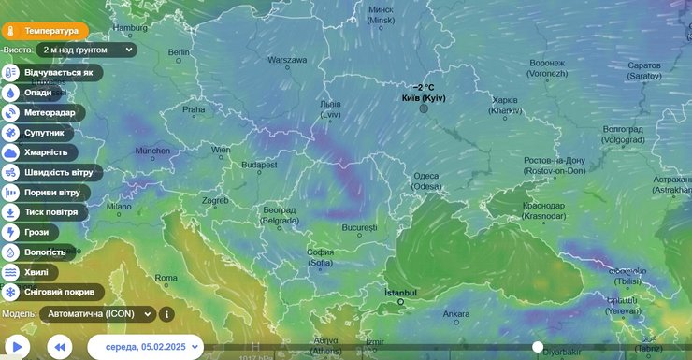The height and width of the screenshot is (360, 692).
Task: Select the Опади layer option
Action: (38, 93)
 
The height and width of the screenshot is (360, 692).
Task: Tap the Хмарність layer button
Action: (45, 151)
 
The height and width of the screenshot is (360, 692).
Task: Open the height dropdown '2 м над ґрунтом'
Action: (89, 50)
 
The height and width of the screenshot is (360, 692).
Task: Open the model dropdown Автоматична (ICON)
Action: (96, 314)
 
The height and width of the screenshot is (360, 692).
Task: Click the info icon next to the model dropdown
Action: (166, 314)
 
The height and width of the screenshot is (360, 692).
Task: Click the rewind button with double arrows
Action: (59, 347)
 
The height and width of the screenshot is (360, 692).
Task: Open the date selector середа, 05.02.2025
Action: (145, 347)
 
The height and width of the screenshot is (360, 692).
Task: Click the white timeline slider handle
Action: (538, 347)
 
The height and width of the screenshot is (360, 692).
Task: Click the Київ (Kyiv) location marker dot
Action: (424, 108)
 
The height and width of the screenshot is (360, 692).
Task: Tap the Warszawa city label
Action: (287, 60)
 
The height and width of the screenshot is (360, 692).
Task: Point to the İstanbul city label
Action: (401, 293)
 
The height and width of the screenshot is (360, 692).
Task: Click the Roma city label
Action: (166, 278)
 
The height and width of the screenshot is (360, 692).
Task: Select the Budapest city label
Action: (259, 165)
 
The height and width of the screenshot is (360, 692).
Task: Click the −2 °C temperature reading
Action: (424, 87)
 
